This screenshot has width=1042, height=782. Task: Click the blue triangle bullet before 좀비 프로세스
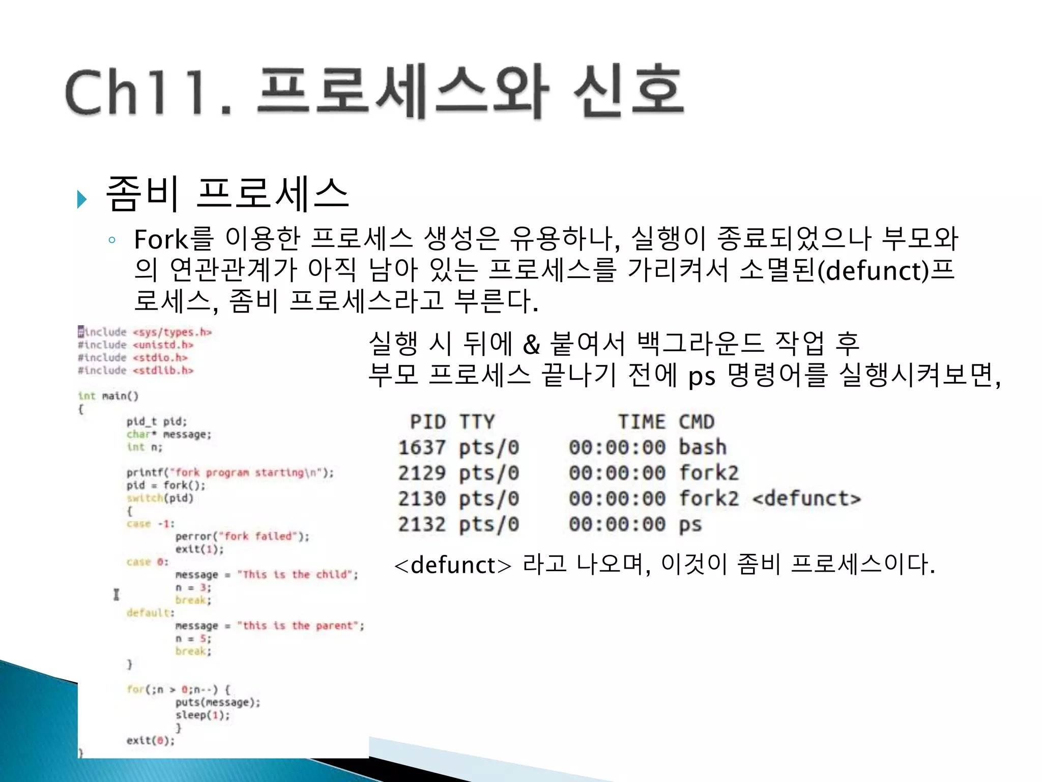coord(81,199)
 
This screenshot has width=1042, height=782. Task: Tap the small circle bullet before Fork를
coord(112,240)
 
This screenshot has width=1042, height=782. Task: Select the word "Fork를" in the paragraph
coord(173,239)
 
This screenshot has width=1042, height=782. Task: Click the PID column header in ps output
coord(428,422)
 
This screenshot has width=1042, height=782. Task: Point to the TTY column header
coord(477,422)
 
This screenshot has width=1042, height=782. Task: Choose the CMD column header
coord(697,422)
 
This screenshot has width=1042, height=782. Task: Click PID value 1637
coord(422,448)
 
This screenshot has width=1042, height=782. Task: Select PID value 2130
coord(422,498)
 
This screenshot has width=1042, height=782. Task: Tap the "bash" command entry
coord(703,448)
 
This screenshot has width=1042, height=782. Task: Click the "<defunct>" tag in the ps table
coord(806,498)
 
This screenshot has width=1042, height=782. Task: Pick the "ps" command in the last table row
coord(690,524)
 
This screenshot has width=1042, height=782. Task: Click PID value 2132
coord(422,524)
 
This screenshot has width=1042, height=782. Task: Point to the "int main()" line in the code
coord(108,396)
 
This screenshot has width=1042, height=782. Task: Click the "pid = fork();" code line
coord(166,485)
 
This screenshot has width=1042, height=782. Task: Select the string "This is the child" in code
coord(297,575)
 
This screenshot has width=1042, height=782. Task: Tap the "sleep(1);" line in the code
coord(202,715)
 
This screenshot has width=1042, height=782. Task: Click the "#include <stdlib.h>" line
coord(136,370)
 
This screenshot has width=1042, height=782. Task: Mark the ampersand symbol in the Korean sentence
coord(531,345)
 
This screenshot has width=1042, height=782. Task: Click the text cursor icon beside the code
coord(117,594)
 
